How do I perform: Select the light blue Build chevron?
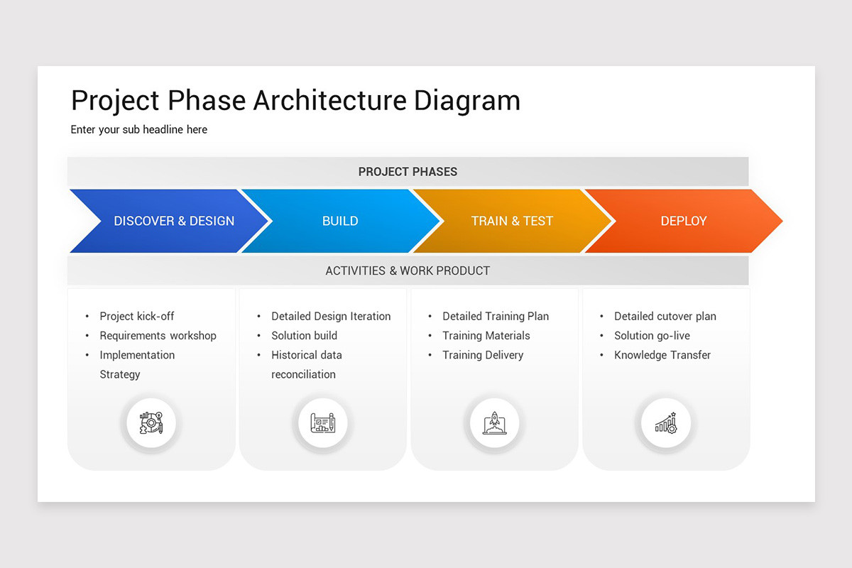click(340, 221)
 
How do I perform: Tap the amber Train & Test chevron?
click(511, 221)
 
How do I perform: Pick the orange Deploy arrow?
click(683, 221)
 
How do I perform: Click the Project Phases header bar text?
click(408, 172)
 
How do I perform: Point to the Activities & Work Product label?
click(408, 271)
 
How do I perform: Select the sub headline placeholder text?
click(139, 129)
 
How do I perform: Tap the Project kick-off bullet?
click(136, 316)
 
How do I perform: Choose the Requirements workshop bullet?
click(158, 335)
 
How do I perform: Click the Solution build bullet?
click(304, 335)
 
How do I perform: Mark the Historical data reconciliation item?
click(305, 364)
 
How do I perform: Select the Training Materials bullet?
click(486, 335)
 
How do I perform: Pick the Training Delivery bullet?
click(483, 355)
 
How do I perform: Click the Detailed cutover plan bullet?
click(665, 316)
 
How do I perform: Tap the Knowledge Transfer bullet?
click(662, 355)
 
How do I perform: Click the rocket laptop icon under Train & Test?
click(494, 424)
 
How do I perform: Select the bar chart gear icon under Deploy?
click(666, 424)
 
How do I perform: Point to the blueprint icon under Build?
click(322, 424)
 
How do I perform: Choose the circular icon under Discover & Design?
click(151, 424)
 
